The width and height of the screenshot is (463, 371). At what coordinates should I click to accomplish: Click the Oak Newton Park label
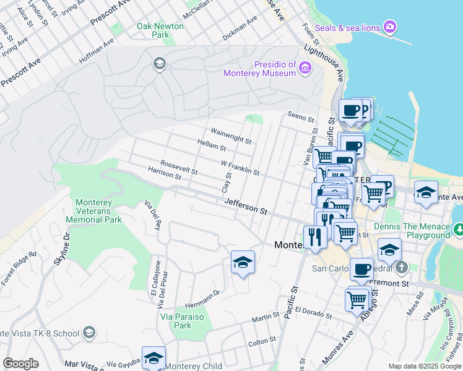(160, 30)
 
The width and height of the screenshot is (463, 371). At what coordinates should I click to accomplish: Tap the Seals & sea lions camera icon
(390, 27)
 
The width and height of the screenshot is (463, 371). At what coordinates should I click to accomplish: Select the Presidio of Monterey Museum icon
(305, 68)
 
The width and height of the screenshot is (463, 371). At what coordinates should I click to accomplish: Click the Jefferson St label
(245, 207)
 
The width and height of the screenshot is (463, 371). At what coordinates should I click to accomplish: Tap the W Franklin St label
(240, 167)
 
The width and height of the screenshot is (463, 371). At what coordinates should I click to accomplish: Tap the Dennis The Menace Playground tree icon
(459, 230)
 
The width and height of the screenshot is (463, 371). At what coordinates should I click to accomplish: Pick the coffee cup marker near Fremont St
(362, 268)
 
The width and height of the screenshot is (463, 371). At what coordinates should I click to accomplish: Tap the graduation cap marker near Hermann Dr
(243, 262)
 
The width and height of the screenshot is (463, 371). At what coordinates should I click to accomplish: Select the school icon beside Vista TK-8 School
(89, 333)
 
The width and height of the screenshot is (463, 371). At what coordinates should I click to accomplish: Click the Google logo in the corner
(20, 364)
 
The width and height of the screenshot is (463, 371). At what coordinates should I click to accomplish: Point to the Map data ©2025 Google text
(425, 366)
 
